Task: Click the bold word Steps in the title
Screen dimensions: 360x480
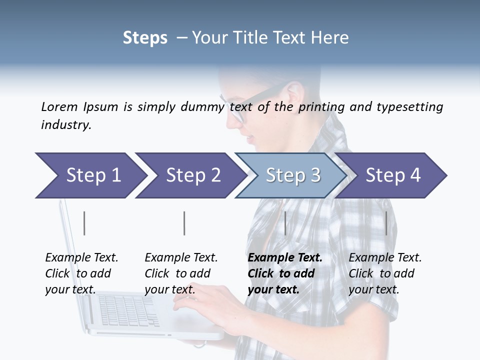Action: point(145,38)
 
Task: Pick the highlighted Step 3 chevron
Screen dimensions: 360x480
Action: point(292,175)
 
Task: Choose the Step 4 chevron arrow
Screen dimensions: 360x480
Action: point(393,175)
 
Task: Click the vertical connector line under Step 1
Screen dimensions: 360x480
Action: point(84,223)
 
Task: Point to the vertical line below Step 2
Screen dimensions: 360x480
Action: point(184,223)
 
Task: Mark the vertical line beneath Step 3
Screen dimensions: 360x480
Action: point(285,223)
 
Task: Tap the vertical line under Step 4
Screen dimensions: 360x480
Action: point(386,223)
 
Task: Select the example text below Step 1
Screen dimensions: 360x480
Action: point(81,273)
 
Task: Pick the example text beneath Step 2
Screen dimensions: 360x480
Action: point(181,273)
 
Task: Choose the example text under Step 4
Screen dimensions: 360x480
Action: point(385,273)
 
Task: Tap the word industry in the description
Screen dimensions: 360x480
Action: point(65,125)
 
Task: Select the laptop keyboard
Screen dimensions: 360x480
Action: point(125,310)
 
